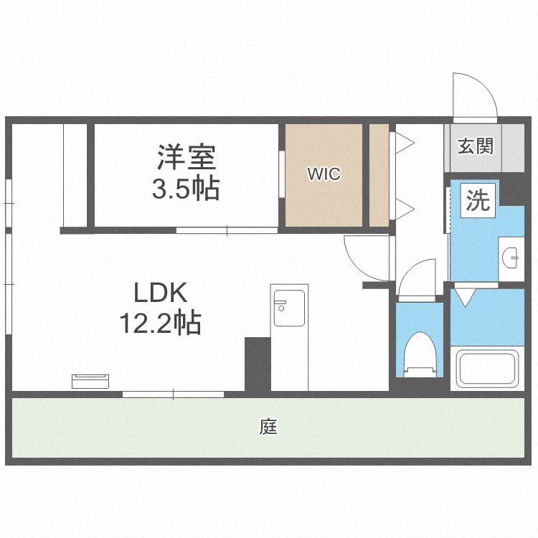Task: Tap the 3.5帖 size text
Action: (x=185, y=189)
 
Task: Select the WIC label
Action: (x=324, y=174)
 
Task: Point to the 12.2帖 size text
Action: (x=160, y=324)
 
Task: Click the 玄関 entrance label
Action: (x=476, y=147)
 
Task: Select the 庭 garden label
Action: (x=268, y=428)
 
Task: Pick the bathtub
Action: (x=487, y=368)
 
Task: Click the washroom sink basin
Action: (x=511, y=256)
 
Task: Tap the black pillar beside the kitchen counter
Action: (x=257, y=364)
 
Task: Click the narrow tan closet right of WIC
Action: (x=379, y=175)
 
